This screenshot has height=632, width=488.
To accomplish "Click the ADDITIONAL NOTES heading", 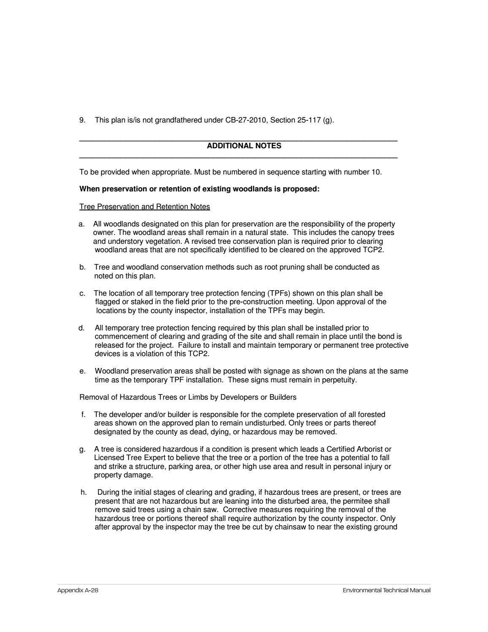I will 244,146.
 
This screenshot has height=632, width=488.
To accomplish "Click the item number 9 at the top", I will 82,120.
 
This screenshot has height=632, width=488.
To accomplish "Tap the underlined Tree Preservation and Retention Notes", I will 144,207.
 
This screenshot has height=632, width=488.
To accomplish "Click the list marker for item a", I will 81,224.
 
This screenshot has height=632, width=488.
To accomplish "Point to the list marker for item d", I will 81,328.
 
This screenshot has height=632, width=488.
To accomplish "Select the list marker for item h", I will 83,493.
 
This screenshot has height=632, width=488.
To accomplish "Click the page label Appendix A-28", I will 78,590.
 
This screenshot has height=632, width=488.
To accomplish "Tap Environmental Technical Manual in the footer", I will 386,590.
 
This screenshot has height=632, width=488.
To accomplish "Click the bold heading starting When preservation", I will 199,189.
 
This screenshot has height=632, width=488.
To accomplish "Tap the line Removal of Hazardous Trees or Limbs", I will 188,397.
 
